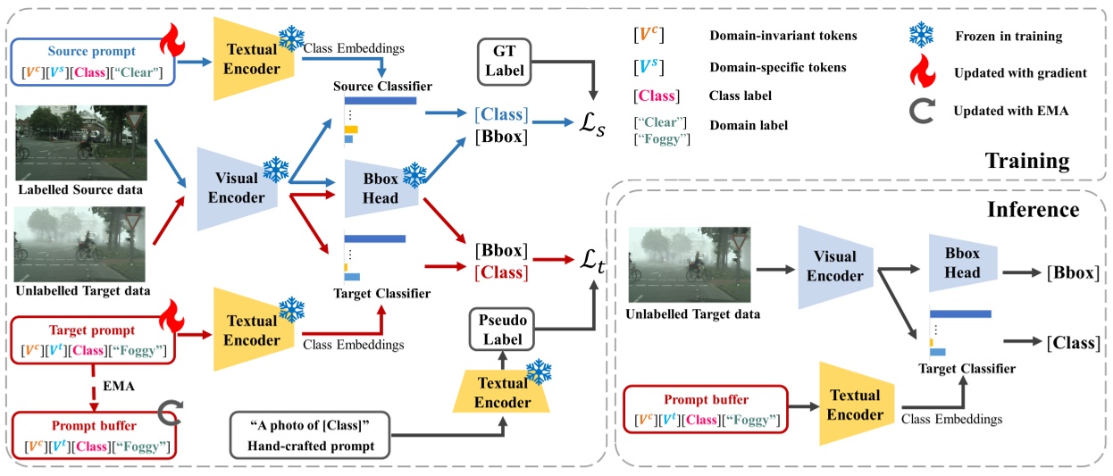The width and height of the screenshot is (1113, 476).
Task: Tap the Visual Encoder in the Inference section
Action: point(834,265)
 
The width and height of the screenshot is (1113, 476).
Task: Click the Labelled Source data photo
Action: point(80,143)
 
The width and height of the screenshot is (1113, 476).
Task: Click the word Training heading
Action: point(1026,161)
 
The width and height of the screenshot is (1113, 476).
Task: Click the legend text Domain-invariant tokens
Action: point(782,36)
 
